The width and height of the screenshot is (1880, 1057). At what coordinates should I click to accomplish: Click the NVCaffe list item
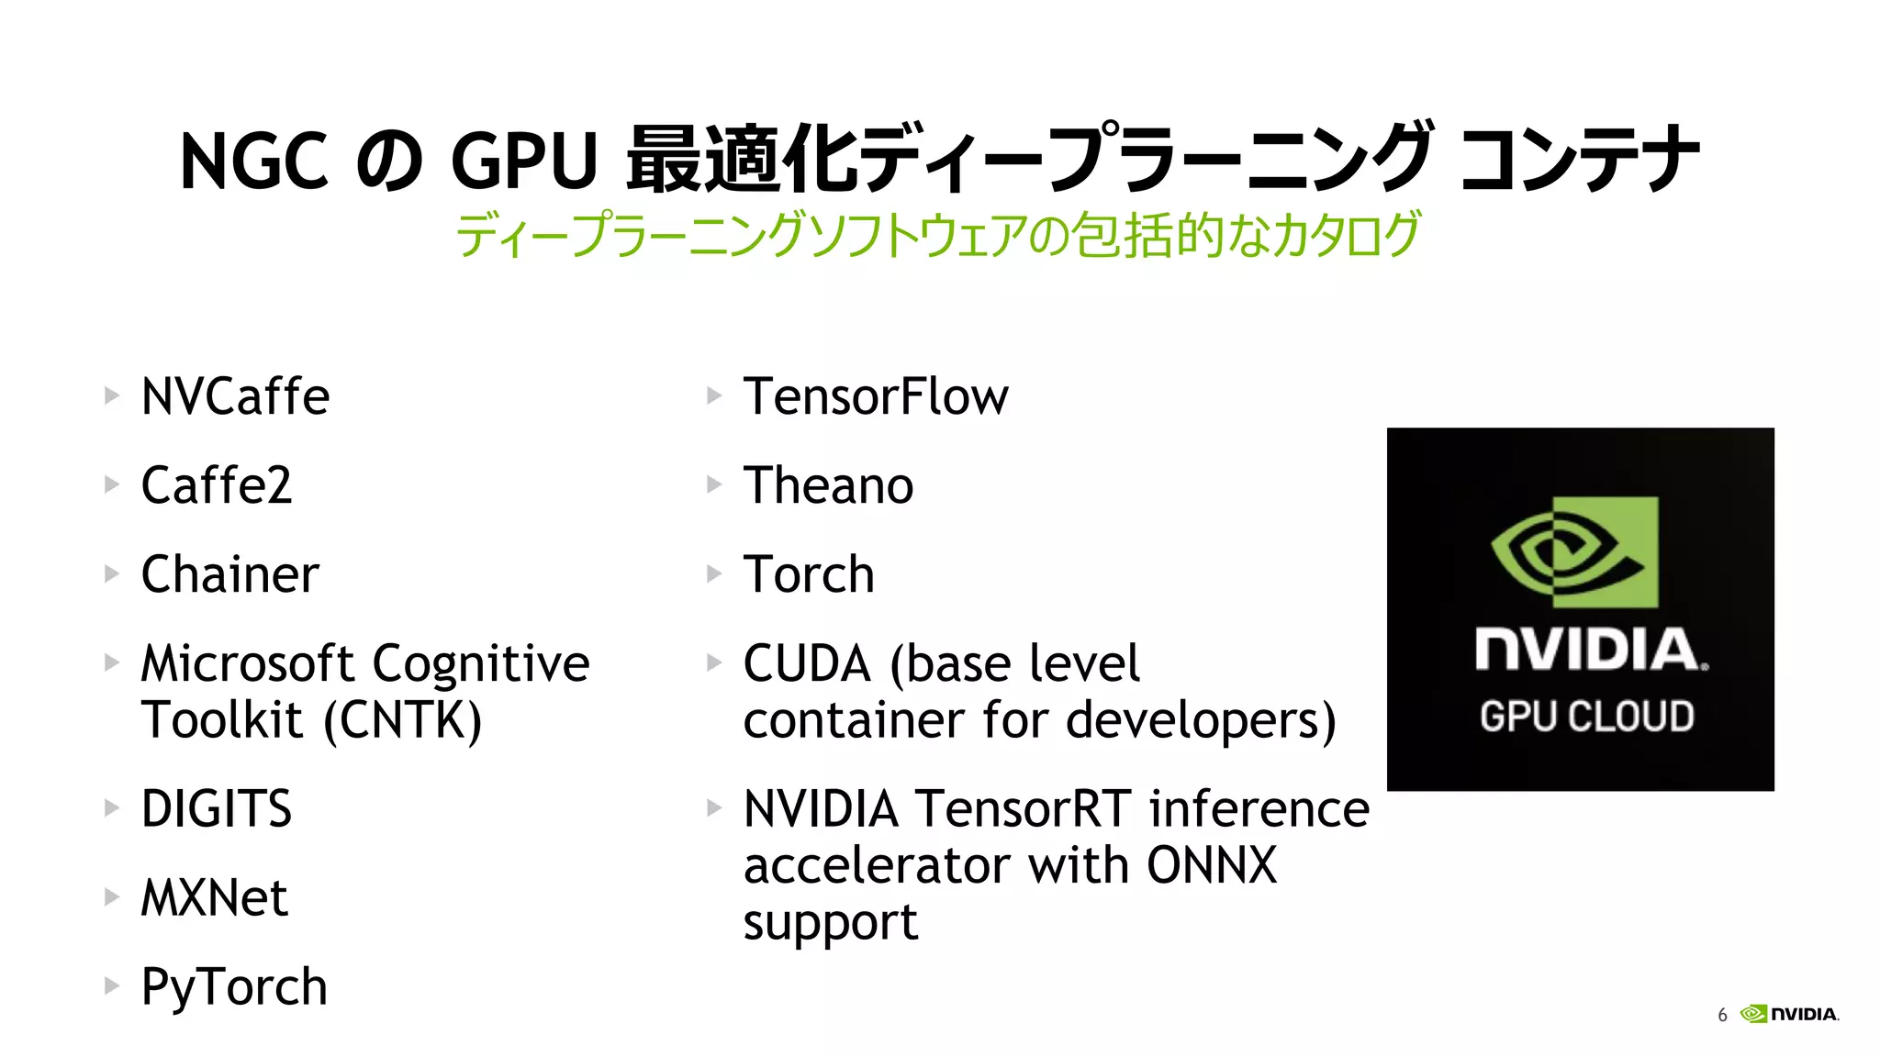point(235,396)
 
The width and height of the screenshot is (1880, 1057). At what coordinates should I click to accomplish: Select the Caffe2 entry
point(217,485)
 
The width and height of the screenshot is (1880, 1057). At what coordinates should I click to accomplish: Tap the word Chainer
point(229,574)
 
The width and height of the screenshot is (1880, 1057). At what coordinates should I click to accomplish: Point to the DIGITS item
point(217,808)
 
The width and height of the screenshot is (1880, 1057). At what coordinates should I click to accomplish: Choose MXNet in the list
point(214,897)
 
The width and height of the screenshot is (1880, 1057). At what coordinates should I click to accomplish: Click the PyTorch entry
point(234,987)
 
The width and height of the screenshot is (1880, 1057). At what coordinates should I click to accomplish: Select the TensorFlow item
point(875,396)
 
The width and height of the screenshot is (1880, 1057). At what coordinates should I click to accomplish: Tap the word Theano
point(828,485)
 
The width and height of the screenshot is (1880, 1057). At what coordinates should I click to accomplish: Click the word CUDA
point(807,663)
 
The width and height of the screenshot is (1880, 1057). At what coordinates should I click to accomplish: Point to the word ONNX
point(1212,865)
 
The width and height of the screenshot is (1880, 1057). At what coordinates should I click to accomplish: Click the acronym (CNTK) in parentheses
point(403,720)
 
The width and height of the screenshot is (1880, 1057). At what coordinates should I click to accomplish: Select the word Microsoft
point(248,663)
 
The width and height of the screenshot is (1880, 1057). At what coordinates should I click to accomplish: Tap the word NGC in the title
point(253,161)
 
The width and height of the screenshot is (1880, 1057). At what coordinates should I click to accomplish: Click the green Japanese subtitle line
point(938,235)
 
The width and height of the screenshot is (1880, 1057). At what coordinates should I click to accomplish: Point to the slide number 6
point(1722,1015)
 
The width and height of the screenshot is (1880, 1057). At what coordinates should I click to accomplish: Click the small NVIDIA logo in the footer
point(1790,1014)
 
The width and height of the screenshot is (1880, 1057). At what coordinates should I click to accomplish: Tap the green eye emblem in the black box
point(1574,552)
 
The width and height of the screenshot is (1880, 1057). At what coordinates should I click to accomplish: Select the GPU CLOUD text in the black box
point(1586,717)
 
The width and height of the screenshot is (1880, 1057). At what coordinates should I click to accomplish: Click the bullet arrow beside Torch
point(714,574)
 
